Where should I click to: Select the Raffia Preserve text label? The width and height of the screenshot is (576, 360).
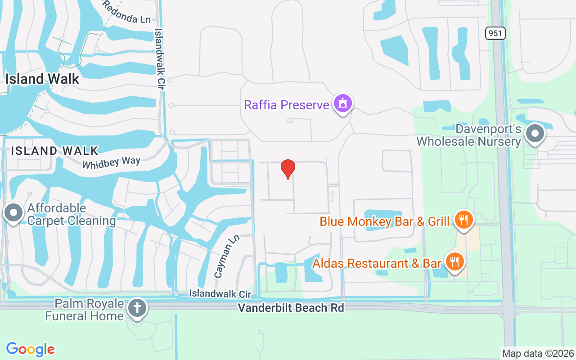coord(287,105)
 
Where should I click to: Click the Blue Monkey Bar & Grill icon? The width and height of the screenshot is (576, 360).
coord(463,220)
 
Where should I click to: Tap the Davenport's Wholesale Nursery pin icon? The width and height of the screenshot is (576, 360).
coord(535,134)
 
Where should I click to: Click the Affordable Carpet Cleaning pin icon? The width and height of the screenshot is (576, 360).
coord(13,212)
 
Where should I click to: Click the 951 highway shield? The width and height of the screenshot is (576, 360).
coord(495,33)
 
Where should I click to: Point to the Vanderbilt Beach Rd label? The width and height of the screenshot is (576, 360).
coord(291,308)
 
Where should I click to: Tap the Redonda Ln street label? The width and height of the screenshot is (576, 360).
coord(126,13)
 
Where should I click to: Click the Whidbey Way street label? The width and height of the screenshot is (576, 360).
coord(111,162)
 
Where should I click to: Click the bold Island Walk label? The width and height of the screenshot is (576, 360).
coord(42,79)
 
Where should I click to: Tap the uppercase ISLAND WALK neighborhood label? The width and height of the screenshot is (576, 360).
coord(54,150)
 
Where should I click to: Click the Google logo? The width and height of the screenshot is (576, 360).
coord(30,349)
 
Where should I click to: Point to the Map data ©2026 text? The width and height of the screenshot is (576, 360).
coord(538,353)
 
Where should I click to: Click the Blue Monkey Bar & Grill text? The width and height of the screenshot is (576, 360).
coord(384,221)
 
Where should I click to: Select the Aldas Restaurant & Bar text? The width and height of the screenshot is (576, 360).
coord(377,263)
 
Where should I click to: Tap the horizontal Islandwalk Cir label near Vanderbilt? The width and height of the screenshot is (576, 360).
coord(220,294)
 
